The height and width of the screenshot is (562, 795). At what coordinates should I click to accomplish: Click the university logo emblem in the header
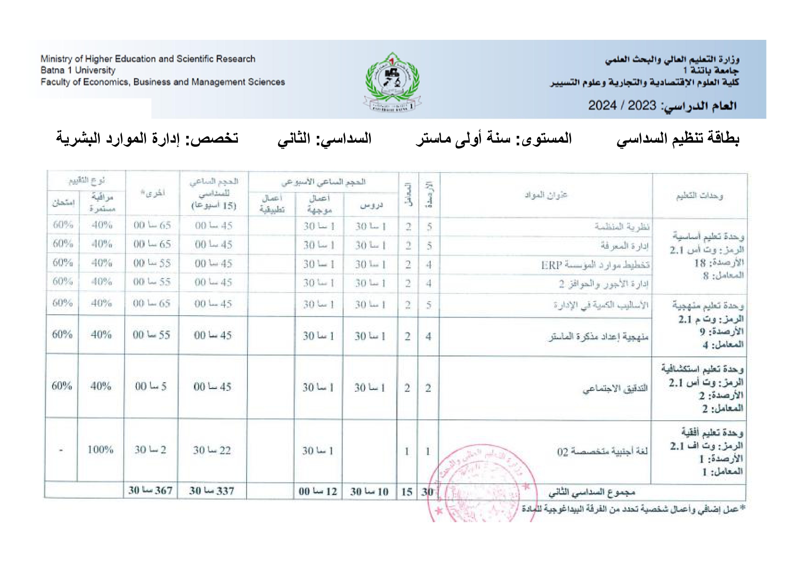coord(393,82)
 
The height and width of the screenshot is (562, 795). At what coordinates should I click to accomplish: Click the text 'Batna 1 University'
coord(78,70)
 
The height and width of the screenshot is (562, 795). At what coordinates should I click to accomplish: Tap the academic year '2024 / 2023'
coord(622,106)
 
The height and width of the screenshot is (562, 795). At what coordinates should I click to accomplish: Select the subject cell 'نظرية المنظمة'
coord(621,226)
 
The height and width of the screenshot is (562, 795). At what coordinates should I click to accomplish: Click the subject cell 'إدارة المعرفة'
coord(624,246)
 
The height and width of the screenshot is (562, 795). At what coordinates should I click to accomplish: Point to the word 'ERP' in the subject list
coord(551,265)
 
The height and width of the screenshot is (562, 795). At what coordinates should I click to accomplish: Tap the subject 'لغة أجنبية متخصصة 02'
coord(602,451)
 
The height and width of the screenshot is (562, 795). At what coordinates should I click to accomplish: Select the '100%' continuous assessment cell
coord(100,450)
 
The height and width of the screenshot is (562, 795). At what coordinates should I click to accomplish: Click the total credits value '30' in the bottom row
coord(427,492)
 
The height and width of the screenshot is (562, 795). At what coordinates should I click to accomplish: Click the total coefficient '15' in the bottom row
coord(407,492)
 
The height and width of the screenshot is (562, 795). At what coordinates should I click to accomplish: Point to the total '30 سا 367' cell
coord(150,490)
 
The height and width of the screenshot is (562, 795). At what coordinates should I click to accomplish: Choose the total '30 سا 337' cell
coord(212,491)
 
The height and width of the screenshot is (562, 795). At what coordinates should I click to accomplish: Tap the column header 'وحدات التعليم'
coord(699,196)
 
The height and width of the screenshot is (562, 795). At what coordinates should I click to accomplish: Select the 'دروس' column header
coord(371,205)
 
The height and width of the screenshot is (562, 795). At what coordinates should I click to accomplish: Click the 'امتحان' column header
coord(63,202)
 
